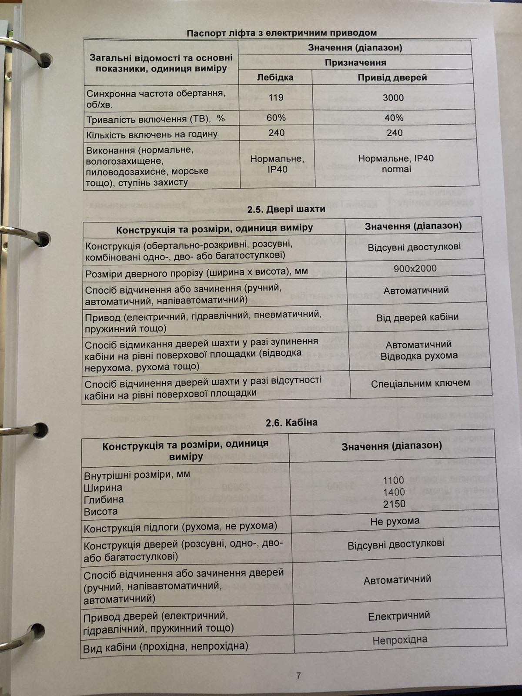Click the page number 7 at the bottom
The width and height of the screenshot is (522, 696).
click(298, 676)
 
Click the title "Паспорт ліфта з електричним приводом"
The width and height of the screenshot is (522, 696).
click(281, 33)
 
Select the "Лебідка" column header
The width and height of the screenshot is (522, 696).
click(275, 77)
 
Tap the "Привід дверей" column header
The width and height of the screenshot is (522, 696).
click(392, 77)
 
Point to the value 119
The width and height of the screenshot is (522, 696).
click(276, 97)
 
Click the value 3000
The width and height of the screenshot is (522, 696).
click(393, 98)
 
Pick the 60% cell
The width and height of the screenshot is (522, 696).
click(276, 118)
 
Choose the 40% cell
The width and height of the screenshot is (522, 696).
click(394, 118)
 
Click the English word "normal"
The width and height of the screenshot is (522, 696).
click(396, 169)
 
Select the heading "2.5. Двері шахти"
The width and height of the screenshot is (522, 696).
click(286, 209)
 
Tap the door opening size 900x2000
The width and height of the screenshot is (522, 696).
click(415, 268)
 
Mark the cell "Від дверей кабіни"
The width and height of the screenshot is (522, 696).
click(417, 317)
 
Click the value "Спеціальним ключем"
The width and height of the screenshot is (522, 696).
click(420, 383)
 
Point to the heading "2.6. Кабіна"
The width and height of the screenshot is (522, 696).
click(291, 422)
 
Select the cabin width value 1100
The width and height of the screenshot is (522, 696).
click(394, 480)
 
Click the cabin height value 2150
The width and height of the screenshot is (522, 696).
click(394, 504)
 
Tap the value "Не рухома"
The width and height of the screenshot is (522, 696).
click(395, 521)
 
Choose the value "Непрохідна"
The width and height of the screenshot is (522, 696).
click(400, 640)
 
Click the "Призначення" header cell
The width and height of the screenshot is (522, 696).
click(355, 63)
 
